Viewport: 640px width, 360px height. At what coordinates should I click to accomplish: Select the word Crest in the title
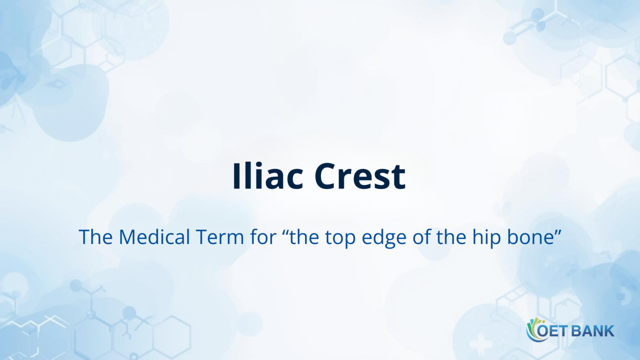click(x=360, y=176)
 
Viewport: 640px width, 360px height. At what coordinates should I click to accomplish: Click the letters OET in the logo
click(x=552, y=330)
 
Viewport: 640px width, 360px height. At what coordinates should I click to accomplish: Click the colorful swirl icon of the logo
click(x=533, y=330)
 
